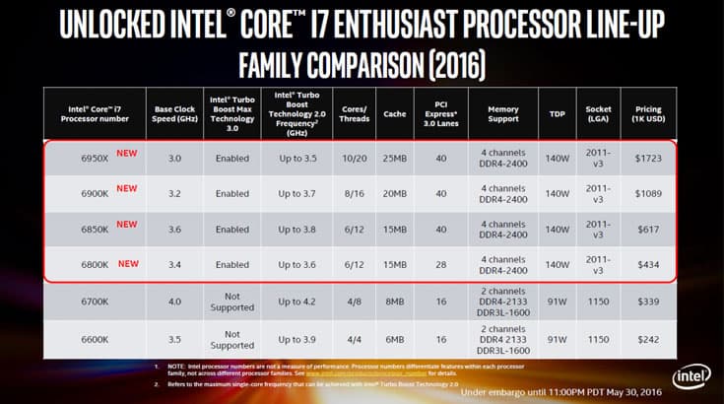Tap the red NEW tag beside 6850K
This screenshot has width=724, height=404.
click(127, 224)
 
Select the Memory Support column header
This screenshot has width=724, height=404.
click(503, 114)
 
